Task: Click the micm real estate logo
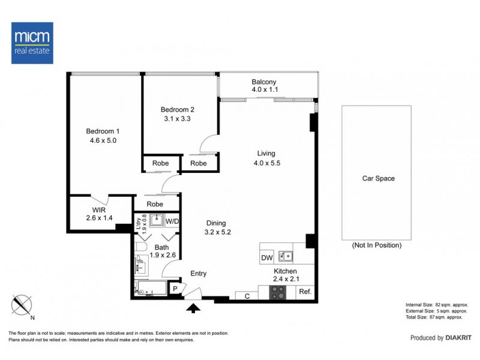click(x=32, y=43)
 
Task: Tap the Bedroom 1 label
click(x=103, y=131)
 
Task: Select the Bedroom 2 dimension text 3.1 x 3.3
click(x=177, y=119)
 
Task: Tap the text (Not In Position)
click(x=376, y=245)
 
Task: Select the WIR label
click(x=99, y=210)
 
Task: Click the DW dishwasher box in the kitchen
click(x=267, y=258)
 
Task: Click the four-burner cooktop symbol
click(x=278, y=292)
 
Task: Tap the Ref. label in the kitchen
click(x=305, y=292)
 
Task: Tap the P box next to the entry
click(x=175, y=289)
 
